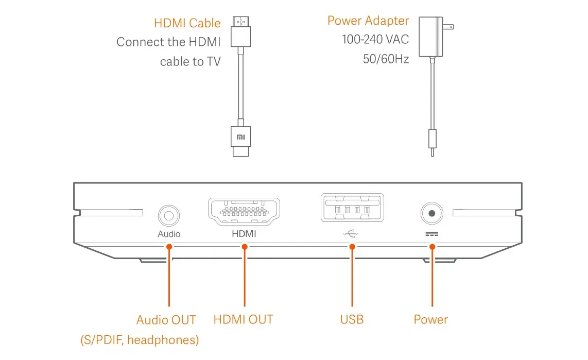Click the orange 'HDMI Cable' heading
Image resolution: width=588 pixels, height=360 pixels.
click(187, 23)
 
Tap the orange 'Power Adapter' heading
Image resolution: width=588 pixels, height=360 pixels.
click(368, 21)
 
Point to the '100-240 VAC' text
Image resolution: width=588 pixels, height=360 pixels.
click(375, 40)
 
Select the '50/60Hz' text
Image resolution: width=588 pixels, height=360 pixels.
click(386, 59)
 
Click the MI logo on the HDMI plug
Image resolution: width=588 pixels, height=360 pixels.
click(241, 137)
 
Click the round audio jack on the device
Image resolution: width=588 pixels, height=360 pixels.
click(169, 214)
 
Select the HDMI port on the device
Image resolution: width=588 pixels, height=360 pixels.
click(244, 211)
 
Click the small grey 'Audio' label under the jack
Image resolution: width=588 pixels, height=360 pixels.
click(169, 234)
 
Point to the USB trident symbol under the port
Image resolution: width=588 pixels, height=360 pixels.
click(352, 233)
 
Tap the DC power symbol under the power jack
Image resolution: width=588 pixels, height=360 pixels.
click(432, 233)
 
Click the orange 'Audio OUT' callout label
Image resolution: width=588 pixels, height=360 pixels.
click(166, 320)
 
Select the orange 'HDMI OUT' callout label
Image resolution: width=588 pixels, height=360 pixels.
click(243, 319)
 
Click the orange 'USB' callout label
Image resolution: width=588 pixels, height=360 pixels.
click(352, 319)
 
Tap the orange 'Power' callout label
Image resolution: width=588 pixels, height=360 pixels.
click(430, 319)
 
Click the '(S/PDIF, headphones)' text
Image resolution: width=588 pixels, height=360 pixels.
click(140, 340)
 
